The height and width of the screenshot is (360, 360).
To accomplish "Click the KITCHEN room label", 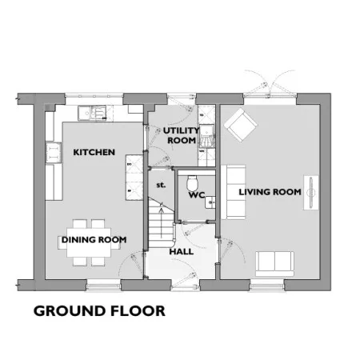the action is (x=94, y=152).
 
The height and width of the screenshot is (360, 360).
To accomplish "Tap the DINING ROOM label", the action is (x=94, y=240).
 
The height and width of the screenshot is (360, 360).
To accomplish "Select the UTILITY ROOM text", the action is (x=182, y=135).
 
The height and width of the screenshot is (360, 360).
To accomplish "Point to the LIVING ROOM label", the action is (x=270, y=192).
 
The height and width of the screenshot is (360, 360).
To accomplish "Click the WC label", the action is (x=197, y=195).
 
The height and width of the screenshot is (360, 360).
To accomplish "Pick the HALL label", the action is (x=182, y=251).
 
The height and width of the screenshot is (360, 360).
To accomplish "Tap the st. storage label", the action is (x=161, y=185).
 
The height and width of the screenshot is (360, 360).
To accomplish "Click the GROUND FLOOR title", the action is (x=99, y=311).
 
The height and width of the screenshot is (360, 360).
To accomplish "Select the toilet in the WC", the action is (x=192, y=182).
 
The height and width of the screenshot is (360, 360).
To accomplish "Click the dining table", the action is (x=89, y=242).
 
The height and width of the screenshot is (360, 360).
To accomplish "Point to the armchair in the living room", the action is (x=241, y=125).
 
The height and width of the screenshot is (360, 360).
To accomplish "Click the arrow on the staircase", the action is (x=161, y=222).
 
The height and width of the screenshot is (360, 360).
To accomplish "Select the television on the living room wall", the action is (x=311, y=192).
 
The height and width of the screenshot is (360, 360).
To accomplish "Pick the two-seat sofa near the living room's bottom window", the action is (x=274, y=263).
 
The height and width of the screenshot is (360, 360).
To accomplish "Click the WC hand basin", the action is (x=210, y=202).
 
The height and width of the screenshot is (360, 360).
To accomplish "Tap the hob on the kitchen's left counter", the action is (x=54, y=153).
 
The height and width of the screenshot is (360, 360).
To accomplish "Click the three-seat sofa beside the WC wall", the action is (x=234, y=192).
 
